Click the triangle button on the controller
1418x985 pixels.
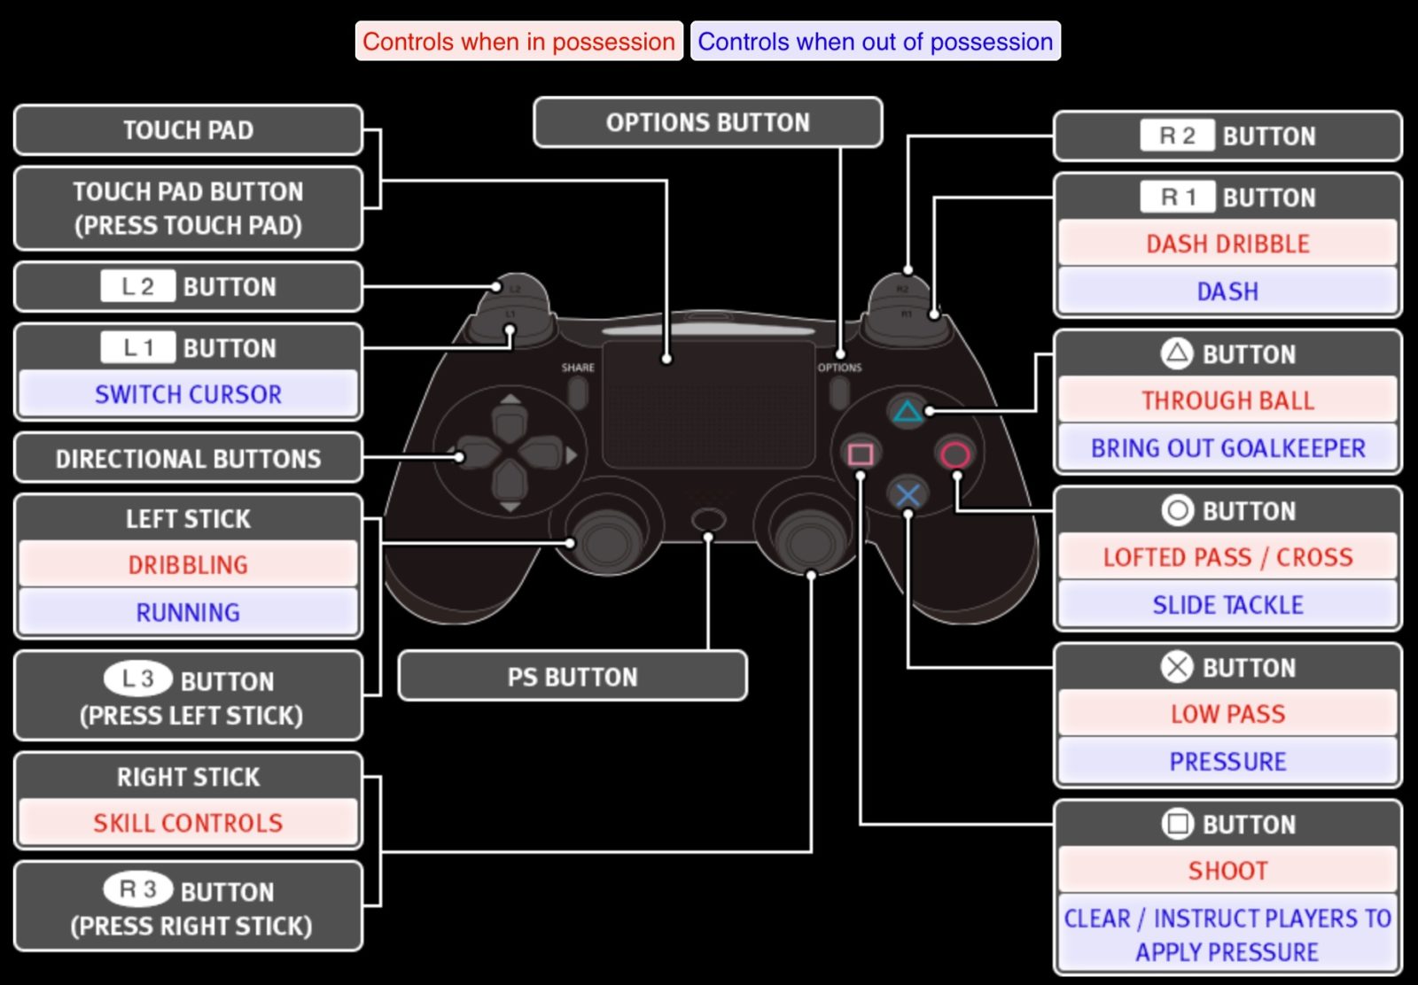pyautogui.click(x=907, y=412)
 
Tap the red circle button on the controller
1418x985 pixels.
pyautogui.click(x=954, y=455)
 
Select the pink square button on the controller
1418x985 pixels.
pyautogui.click(x=860, y=454)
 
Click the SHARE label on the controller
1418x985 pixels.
pyautogui.click(x=578, y=368)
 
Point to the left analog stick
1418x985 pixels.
pyautogui.click(x=605, y=537)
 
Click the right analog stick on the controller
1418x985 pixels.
pyautogui.click(x=808, y=537)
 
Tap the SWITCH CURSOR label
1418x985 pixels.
pyautogui.click(x=188, y=394)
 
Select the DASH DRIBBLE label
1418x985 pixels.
pyautogui.click(x=1227, y=244)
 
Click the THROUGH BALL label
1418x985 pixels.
pyautogui.click(x=1227, y=400)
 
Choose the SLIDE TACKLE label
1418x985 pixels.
pyautogui.click(x=1227, y=605)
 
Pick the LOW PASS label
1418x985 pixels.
pyautogui.click(x=1227, y=714)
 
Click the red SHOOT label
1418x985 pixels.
pyautogui.click(x=1227, y=871)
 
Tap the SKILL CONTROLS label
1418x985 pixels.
pyautogui.click(x=188, y=823)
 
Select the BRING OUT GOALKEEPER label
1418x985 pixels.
pyautogui.click(x=1227, y=448)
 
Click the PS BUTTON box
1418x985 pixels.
pyautogui.click(x=573, y=677)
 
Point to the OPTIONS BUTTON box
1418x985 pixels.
pyautogui.click(x=707, y=122)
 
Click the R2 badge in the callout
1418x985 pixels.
pyautogui.click(x=1177, y=136)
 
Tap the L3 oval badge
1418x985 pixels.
pyautogui.click(x=138, y=679)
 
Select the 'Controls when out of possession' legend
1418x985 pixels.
pyautogui.click(x=875, y=42)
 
